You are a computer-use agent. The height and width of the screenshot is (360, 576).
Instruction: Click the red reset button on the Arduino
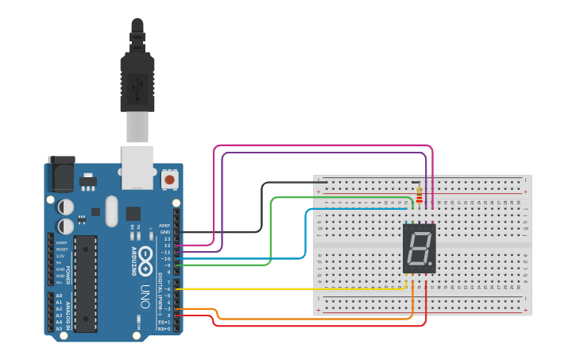click(169, 180)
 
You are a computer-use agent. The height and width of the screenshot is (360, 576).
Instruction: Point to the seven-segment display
click(419, 249)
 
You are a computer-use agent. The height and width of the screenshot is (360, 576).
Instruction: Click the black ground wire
click(262, 207)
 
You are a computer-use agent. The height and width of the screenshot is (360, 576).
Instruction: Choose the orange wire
click(318, 319)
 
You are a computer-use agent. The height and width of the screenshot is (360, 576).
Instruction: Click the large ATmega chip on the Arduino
click(85, 283)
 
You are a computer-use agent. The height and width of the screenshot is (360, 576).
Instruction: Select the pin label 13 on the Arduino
click(167, 238)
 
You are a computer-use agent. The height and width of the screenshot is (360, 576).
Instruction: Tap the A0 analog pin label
click(59, 296)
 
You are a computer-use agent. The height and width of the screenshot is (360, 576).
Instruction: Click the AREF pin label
click(164, 225)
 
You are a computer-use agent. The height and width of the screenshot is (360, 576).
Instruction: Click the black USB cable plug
click(137, 79)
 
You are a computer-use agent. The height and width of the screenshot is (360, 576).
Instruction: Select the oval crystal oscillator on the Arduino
click(110, 211)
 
